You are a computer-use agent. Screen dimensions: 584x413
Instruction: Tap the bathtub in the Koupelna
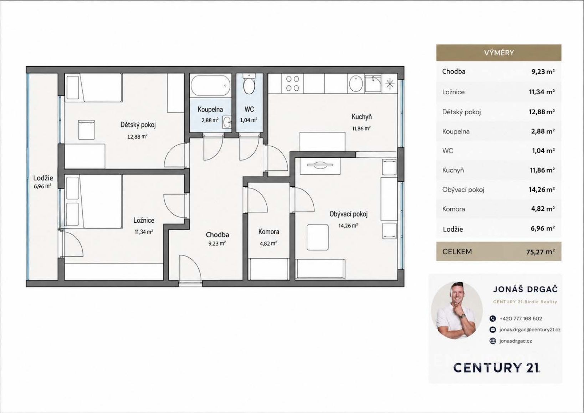click(x=211, y=85)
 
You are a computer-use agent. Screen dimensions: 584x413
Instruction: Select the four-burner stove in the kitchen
click(x=292, y=83)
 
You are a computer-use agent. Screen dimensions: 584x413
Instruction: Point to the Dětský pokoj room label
click(x=138, y=125)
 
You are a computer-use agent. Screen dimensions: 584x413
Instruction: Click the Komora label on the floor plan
click(x=268, y=232)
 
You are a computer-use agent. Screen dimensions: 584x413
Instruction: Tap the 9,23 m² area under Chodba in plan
click(x=217, y=243)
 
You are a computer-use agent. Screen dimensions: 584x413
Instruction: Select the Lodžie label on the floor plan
click(x=43, y=178)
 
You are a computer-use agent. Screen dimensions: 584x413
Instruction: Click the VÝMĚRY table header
click(x=499, y=53)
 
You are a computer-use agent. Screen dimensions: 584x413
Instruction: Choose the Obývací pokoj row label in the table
click(x=463, y=190)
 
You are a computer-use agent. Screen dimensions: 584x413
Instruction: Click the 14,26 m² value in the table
click(x=542, y=190)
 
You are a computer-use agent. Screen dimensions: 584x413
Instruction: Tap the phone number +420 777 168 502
click(x=521, y=318)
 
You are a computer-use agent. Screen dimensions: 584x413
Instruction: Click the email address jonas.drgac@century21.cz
click(x=530, y=330)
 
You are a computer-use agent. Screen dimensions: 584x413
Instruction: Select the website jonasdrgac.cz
click(x=516, y=341)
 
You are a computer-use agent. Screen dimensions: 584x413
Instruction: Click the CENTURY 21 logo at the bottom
click(x=497, y=368)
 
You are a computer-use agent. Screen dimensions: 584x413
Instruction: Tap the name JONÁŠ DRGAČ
click(x=525, y=289)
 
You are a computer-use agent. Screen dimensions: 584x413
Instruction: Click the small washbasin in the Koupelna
click(x=227, y=122)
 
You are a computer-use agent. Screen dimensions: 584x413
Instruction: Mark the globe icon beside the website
click(x=492, y=341)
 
